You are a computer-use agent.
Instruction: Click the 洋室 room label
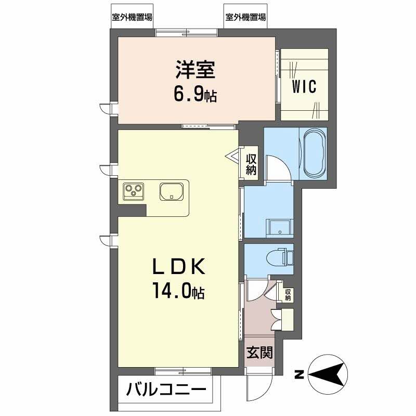click(195, 70)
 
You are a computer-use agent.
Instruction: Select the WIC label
click(304, 86)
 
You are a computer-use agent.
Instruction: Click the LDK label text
click(179, 267)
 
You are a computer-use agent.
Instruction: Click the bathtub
click(314, 153)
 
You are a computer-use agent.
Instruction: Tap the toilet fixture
click(283, 257)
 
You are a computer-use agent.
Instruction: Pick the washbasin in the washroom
click(279, 227)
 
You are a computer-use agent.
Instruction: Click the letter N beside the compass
click(299, 374)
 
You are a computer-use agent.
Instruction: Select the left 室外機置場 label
click(132, 17)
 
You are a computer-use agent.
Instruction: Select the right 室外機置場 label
click(245, 17)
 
